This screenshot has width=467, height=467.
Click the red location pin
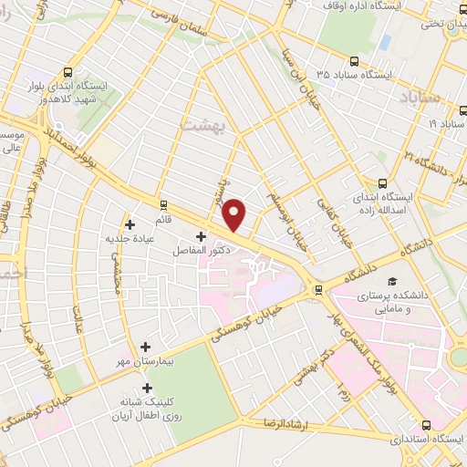tap(235, 213)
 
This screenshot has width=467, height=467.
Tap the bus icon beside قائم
tap(163, 204)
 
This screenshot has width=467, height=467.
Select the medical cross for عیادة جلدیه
tap(130, 224)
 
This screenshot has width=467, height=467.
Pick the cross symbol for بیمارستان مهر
tap(147, 347)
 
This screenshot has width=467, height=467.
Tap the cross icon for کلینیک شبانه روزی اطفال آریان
tap(147, 388)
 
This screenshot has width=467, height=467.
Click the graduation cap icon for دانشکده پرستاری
tap(392, 282)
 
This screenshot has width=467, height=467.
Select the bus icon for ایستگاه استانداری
tap(428, 424)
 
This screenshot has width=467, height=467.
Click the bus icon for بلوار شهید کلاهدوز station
tap(70, 72)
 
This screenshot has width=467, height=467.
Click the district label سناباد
tap(419, 95)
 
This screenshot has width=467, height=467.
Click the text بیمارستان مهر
tap(191, 348)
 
